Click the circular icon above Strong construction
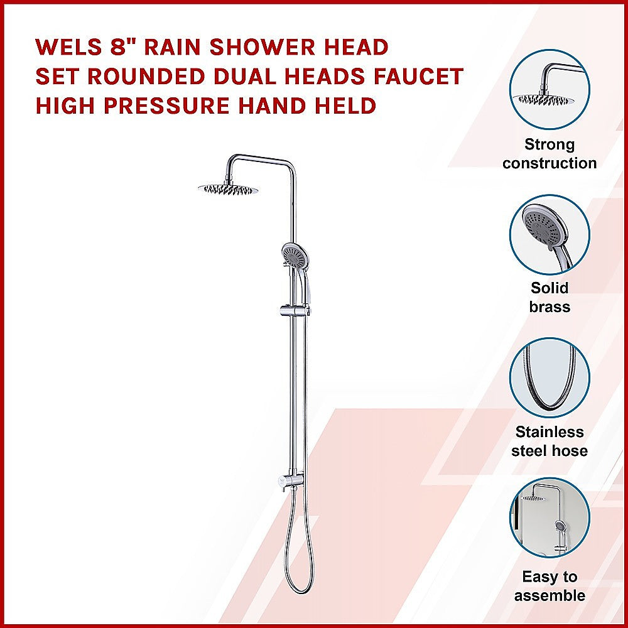(x=549, y=90)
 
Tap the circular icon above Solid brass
(x=549, y=234)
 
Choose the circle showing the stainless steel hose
(x=549, y=378)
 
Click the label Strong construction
(x=549, y=154)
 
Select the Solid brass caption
(x=549, y=298)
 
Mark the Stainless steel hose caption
(x=549, y=441)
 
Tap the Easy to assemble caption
(x=549, y=586)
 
